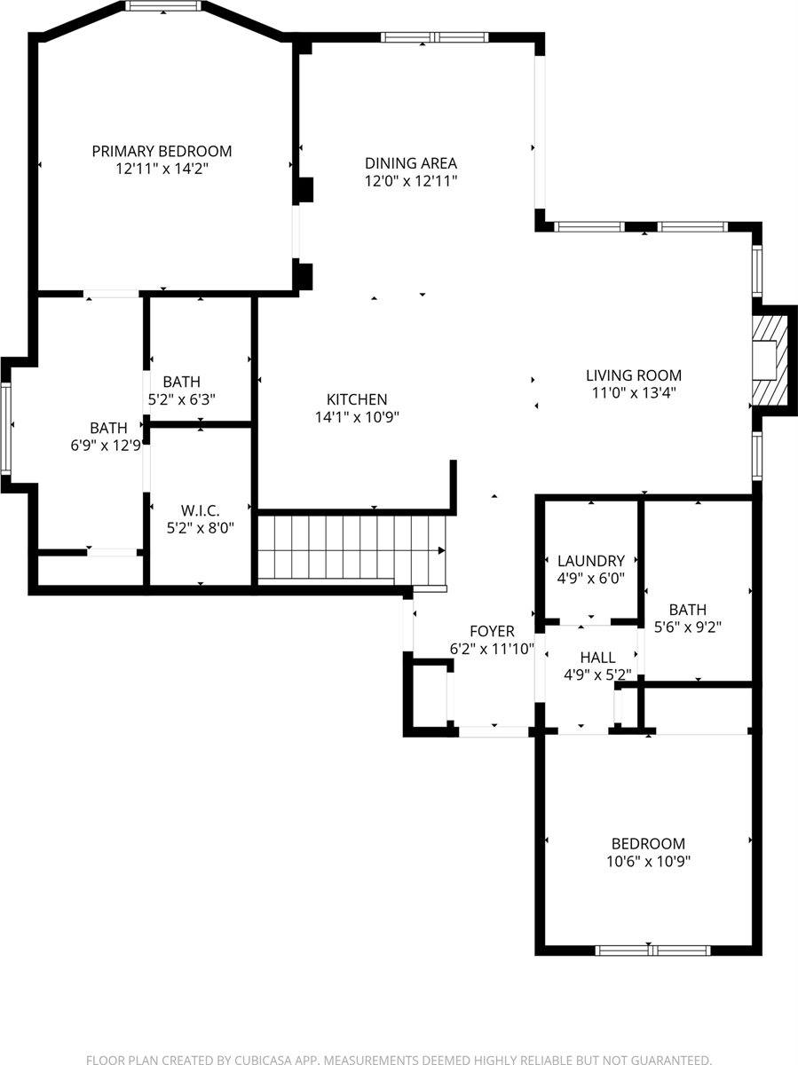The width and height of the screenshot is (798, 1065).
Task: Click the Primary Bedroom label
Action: [162, 151]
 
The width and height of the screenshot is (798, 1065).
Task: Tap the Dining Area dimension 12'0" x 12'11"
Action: [411, 180]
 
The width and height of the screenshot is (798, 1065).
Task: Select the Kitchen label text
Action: [357, 399]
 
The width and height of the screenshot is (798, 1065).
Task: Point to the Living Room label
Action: [634, 375]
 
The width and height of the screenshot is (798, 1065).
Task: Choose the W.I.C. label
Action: [200, 510]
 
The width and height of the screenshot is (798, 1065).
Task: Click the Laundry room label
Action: [590, 561]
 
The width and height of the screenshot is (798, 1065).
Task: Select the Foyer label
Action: [492, 631]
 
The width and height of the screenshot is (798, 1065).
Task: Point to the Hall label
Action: [597, 658]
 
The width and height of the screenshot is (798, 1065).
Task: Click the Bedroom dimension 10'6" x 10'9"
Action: [648, 861]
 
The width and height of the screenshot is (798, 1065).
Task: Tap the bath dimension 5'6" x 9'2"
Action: [688, 627]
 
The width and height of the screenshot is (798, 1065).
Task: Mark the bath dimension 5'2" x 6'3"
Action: [181, 399]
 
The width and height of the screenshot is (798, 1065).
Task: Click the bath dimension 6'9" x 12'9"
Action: [107, 446]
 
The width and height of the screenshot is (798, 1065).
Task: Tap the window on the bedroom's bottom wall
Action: [653, 951]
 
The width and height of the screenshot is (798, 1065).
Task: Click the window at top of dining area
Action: [435, 37]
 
